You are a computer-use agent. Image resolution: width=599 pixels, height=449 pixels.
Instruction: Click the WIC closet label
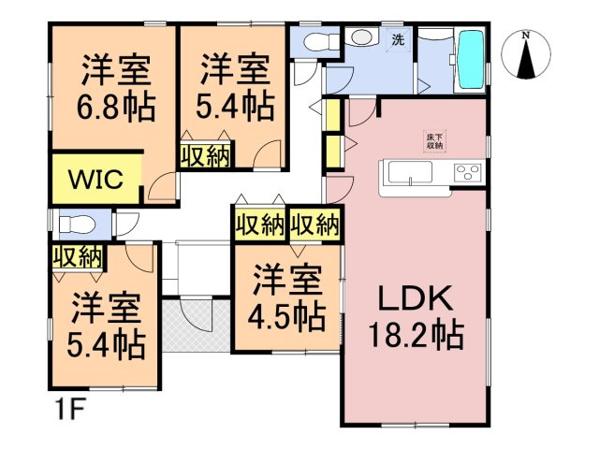pyautogui.click(x=95, y=179)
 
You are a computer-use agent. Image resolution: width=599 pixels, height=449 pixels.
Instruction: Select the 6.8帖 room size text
pyautogui.click(x=116, y=109)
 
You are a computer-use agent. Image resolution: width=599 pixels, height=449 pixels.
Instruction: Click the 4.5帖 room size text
pyautogui.click(x=287, y=317)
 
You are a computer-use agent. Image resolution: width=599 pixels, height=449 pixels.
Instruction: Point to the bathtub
pyautogui.click(x=471, y=59)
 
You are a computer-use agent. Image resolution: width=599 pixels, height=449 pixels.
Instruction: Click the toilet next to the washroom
pyautogui.click(x=322, y=41)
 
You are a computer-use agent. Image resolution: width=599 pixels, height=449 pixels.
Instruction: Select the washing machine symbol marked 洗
pyautogui.click(x=398, y=39)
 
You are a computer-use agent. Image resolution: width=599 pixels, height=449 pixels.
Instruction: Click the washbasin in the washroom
pyautogui.click(x=362, y=37)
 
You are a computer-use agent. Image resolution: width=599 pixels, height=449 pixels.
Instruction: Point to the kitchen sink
pyautogui.click(x=410, y=172)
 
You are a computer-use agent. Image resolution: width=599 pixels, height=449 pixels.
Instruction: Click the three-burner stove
pyautogui.click(x=467, y=172)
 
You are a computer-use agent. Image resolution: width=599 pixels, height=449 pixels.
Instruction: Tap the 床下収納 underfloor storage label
pyautogui.click(x=434, y=141)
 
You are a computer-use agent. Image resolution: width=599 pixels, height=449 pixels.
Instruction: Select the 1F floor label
pyautogui.click(x=71, y=410)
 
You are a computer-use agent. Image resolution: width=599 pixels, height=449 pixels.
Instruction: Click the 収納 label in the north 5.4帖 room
pyautogui.click(x=206, y=156)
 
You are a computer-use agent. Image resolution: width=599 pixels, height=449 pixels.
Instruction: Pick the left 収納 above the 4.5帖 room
pyautogui.click(x=260, y=224)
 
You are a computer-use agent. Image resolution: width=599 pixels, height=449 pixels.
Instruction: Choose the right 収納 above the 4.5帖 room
pyautogui.click(x=314, y=224)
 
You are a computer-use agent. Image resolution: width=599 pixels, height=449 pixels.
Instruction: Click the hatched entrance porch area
pyautogui.click(x=196, y=325)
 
